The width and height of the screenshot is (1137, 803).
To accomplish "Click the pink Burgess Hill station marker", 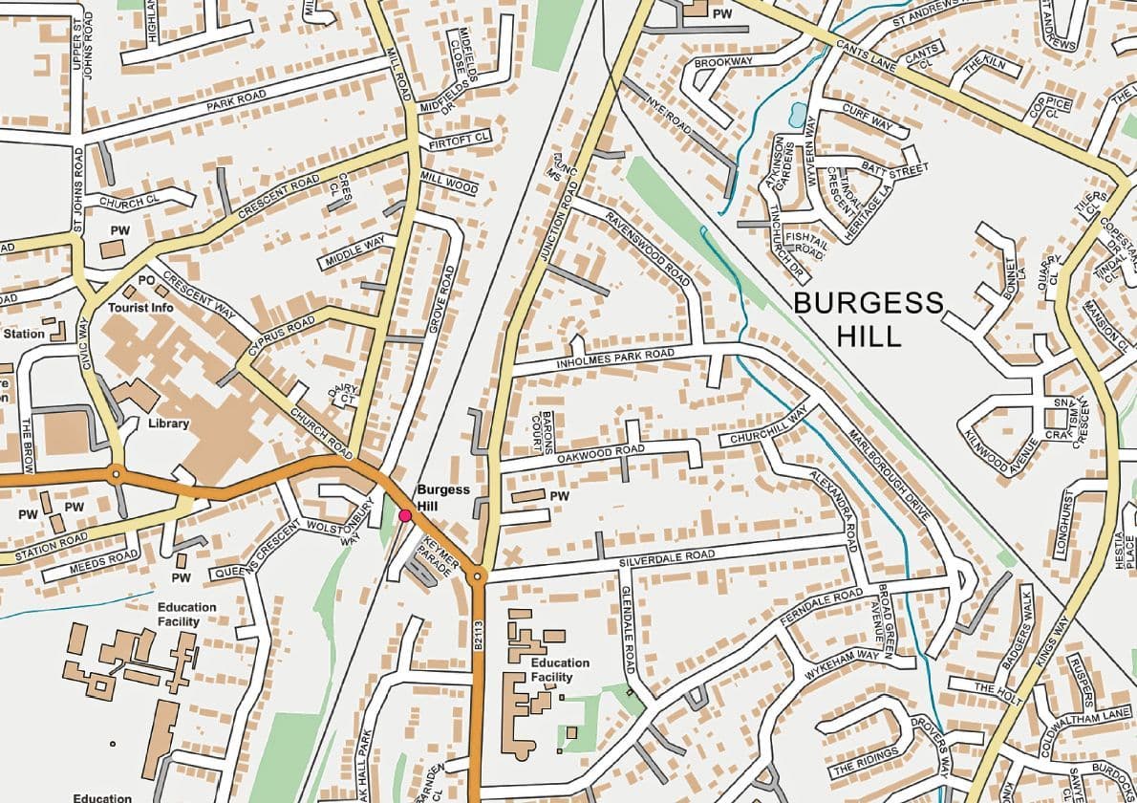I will click(x=404, y=515).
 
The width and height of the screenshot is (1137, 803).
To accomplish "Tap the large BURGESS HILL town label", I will click(x=868, y=319).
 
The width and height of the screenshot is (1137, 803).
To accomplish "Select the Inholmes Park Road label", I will click(x=616, y=359).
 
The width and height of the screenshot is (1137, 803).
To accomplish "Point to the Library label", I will click(x=168, y=423).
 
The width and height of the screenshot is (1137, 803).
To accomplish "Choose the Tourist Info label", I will click(x=140, y=308).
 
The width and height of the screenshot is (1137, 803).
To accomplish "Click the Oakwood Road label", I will click(x=601, y=454).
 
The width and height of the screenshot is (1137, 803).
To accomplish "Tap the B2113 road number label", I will click(x=478, y=636).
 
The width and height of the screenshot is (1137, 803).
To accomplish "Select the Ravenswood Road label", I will click(x=647, y=249).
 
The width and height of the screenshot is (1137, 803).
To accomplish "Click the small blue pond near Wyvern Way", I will click(x=796, y=115).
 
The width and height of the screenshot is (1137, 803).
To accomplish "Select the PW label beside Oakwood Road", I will click(x=560, y=496).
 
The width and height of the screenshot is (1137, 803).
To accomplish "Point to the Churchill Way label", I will click(x=768, y=425).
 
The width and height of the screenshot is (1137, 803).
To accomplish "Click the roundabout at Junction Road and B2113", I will click(x=479, y=576).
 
